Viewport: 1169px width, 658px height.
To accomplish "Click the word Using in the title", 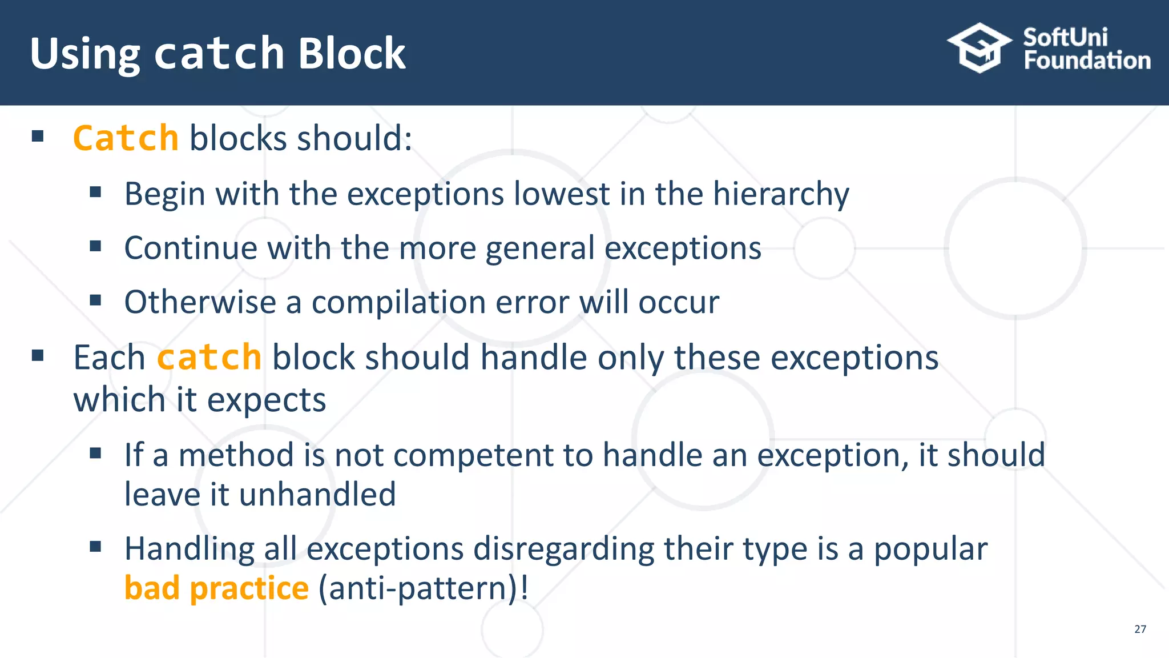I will pos(84,54).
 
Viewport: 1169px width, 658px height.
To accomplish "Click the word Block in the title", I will pos(352,53).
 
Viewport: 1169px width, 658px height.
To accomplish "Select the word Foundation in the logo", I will pos(1087,61).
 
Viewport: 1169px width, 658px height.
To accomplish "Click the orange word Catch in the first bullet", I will pos(126,138).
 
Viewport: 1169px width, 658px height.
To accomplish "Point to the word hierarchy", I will pos(781,194).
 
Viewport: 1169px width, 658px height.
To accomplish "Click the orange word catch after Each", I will pos(209,358).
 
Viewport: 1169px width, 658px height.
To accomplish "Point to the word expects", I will pos(267,400).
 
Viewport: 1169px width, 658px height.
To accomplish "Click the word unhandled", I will pos(317,494).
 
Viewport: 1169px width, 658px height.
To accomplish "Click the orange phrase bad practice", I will pos(216,588).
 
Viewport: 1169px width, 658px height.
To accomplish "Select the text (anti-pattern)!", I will pos(423,588).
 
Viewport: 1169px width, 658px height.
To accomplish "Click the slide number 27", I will pos(1140,629).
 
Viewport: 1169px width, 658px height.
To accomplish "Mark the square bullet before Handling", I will pos(95,547).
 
